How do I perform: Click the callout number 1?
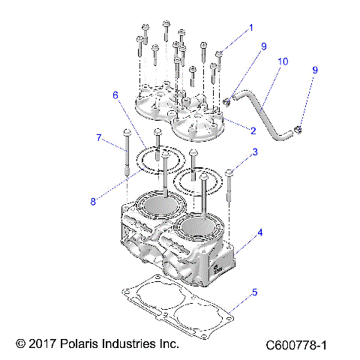pos(251,27)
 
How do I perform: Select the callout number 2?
pos(253,130)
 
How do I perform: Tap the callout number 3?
pos(255,152)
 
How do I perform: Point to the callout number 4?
pos(260,233)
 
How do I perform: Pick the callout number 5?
pos(254,292)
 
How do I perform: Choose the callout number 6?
pos(115,95)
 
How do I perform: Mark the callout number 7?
pos(98,137)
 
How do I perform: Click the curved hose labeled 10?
pos(264,115)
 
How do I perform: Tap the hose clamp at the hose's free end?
pos(298,132)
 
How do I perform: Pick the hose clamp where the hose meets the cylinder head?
pos(226,100)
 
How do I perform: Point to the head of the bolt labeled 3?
pos(229,173)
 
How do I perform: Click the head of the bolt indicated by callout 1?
pos(220,53)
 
